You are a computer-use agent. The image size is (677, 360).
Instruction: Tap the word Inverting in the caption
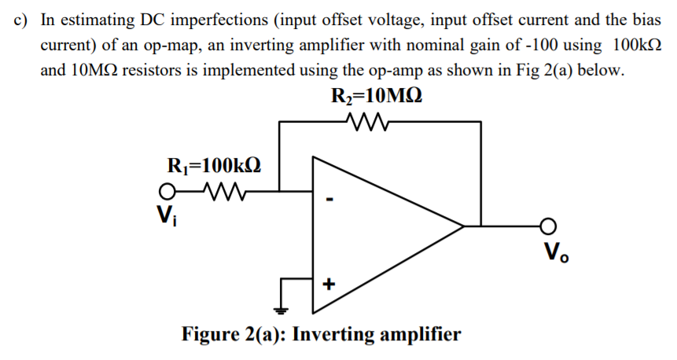tap(336, 334)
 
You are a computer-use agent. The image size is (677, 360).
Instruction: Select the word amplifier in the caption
tap(421, 334)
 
